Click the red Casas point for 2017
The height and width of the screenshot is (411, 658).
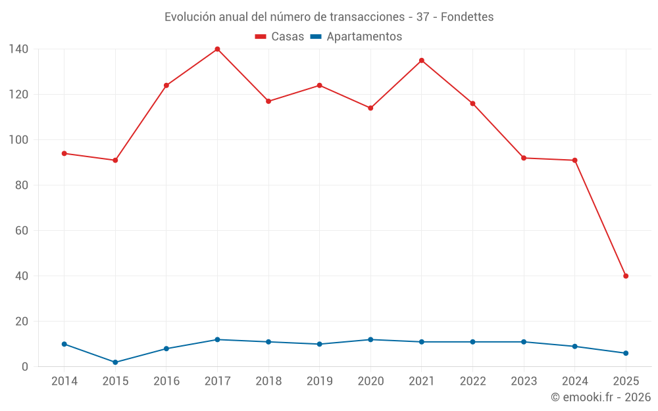[x=217, y=49]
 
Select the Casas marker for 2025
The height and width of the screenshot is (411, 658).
[x=626, y=276]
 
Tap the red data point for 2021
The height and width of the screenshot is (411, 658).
[x=422, y=60]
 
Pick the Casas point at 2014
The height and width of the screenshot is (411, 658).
[x=64, y=153]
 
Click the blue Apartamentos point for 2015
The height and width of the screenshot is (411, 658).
[x=115, y=362]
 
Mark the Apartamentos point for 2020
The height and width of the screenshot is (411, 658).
[x=370, y=339]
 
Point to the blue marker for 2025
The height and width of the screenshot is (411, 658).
[x=626, y=353]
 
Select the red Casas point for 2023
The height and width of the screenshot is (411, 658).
[x=524, y=158]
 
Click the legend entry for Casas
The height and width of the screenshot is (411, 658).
[x=280, y=37]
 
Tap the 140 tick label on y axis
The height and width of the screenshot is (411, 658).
[x=18, y=49]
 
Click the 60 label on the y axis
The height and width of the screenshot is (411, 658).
[x=22, y=231]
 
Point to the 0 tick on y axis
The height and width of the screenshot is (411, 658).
[x=24, y=367]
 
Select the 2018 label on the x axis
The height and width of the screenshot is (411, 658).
[x=268, y=381]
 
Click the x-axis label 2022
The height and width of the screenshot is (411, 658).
[x=472, y=381]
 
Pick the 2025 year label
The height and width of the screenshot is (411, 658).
[x=626, y=381]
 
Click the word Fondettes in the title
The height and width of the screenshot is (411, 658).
[x=467, y=16]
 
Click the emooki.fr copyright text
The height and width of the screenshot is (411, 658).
[x=600, y=397]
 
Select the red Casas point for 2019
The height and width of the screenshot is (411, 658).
[x=319, y=85]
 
